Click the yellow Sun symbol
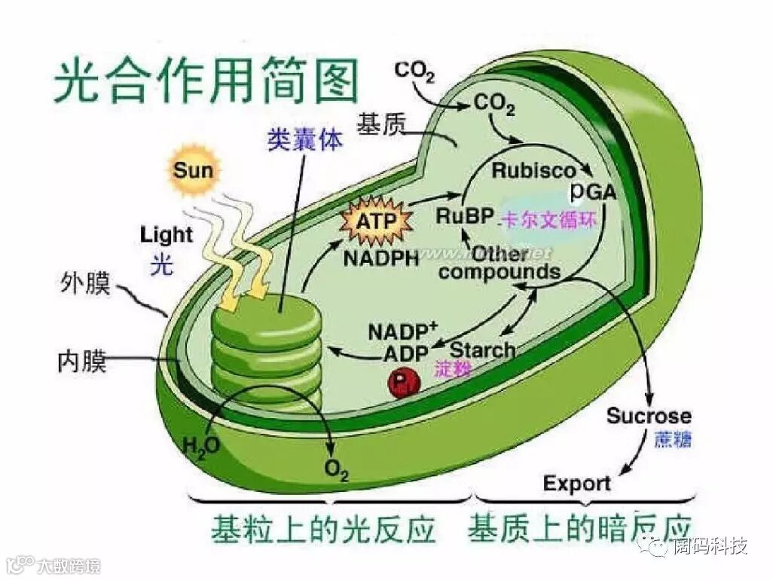(194, 169)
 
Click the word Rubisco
(533, 170)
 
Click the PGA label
(593, 193)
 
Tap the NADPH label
(381, 258)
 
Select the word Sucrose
(649, 416)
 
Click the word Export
(577, 483)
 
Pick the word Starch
(483, 350)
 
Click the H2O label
(201, 445)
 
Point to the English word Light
(167, 235)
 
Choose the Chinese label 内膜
(82, 362)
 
